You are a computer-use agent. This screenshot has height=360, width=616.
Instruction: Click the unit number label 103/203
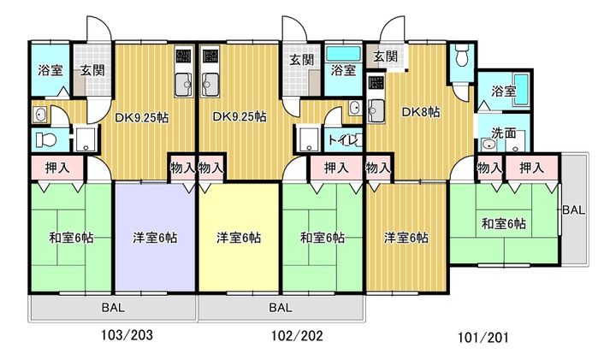click(127, 335)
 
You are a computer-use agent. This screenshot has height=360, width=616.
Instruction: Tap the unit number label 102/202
click(297, 336)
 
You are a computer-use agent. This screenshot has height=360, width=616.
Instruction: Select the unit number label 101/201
click(483, 337)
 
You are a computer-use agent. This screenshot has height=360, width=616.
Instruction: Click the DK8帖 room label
click(420, 112)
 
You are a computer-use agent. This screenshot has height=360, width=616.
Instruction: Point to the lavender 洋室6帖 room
click(155, 238)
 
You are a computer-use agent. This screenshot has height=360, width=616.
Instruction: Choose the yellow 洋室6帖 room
click(239, 238)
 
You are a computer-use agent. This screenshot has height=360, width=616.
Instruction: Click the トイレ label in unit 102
click(343, 139)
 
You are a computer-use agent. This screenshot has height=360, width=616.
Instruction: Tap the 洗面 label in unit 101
click(504, 133)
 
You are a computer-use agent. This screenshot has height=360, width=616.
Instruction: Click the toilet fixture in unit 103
click(46, 139)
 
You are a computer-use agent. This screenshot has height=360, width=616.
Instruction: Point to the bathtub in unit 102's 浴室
click(344, 53)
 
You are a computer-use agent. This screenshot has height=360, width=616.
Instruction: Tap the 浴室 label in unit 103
click(50, 71)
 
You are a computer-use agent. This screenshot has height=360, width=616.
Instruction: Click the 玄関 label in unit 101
click(385, 56)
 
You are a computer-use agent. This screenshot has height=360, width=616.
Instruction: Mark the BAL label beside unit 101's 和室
click(574, 210)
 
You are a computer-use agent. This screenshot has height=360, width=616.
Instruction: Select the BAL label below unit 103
click(113, 307)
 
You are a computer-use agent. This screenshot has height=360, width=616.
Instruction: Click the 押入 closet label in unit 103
click(58, 168)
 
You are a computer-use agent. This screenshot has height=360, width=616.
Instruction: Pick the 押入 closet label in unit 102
click(336, 168)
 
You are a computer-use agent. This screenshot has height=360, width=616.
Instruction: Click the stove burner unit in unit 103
click(183, 56)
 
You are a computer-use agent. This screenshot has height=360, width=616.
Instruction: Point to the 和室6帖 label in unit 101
click(504, 224)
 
